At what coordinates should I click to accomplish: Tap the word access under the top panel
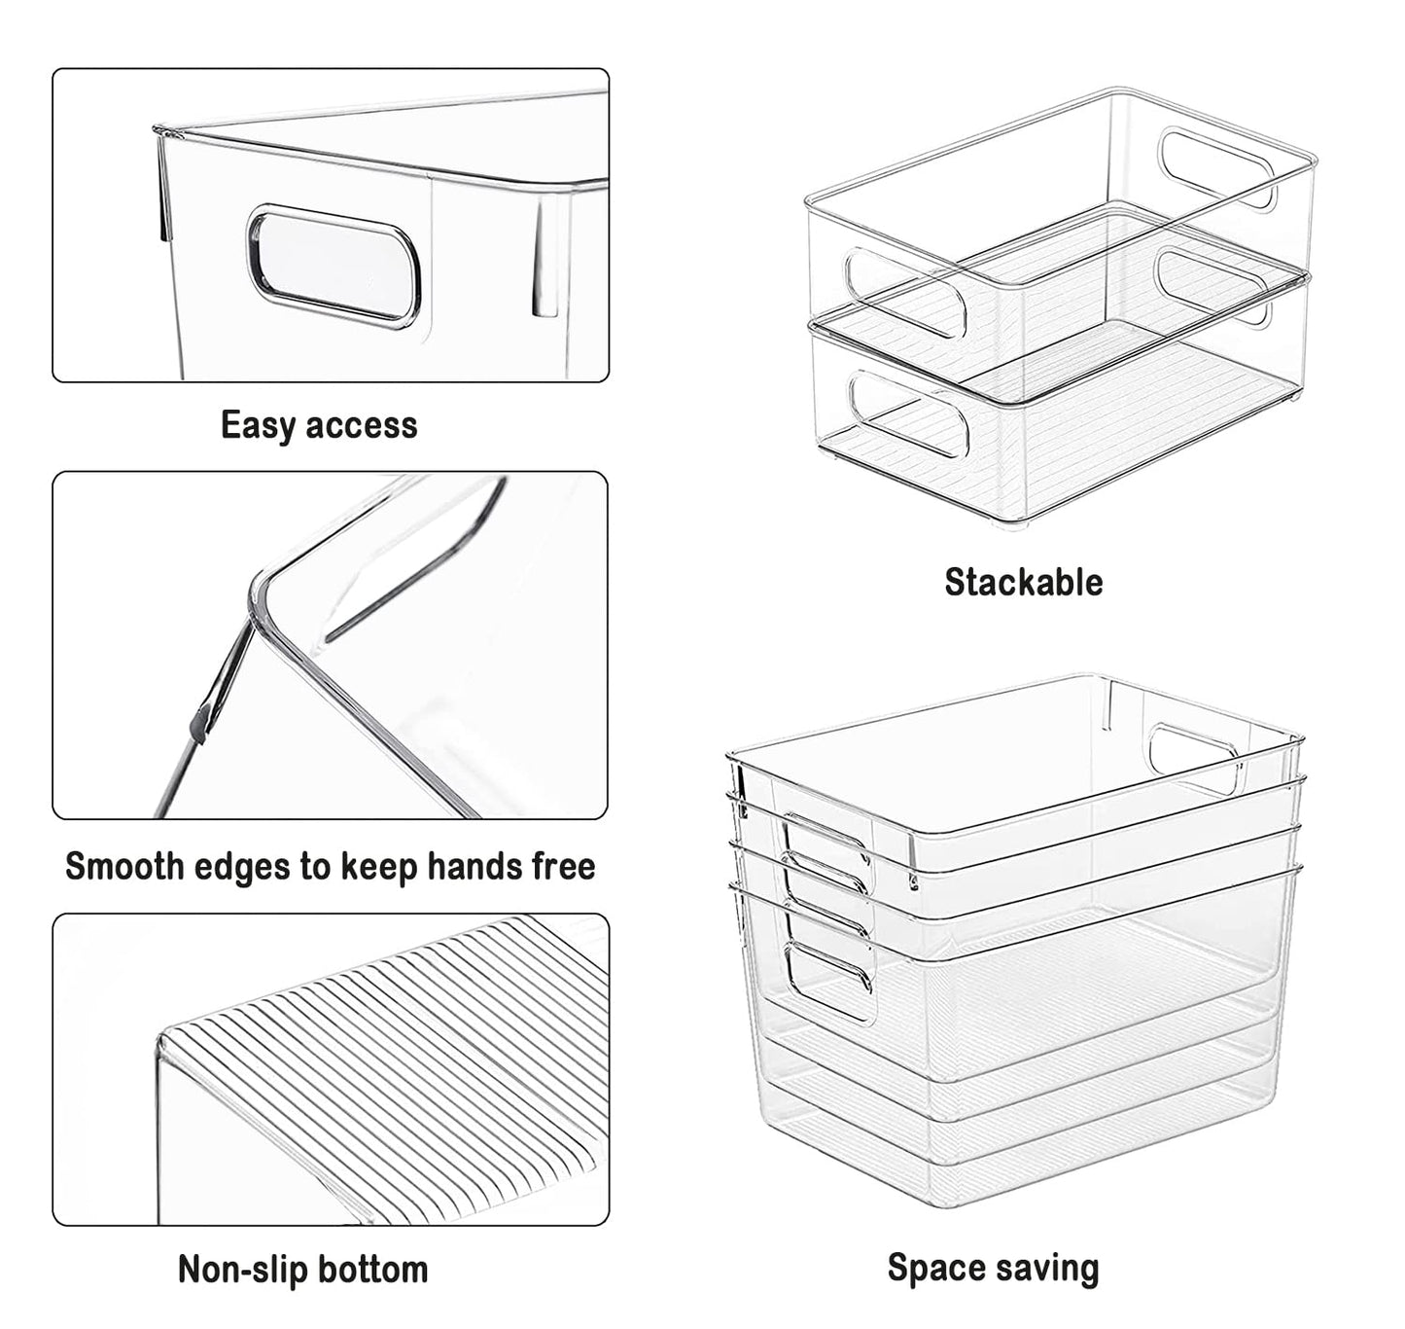[362, 426]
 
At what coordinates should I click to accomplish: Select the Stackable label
[1024, 582]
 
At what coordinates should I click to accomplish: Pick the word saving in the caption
[1046, 1269]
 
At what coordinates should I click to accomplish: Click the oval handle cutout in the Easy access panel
[334, 267]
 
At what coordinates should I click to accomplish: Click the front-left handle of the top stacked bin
[905, 292]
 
